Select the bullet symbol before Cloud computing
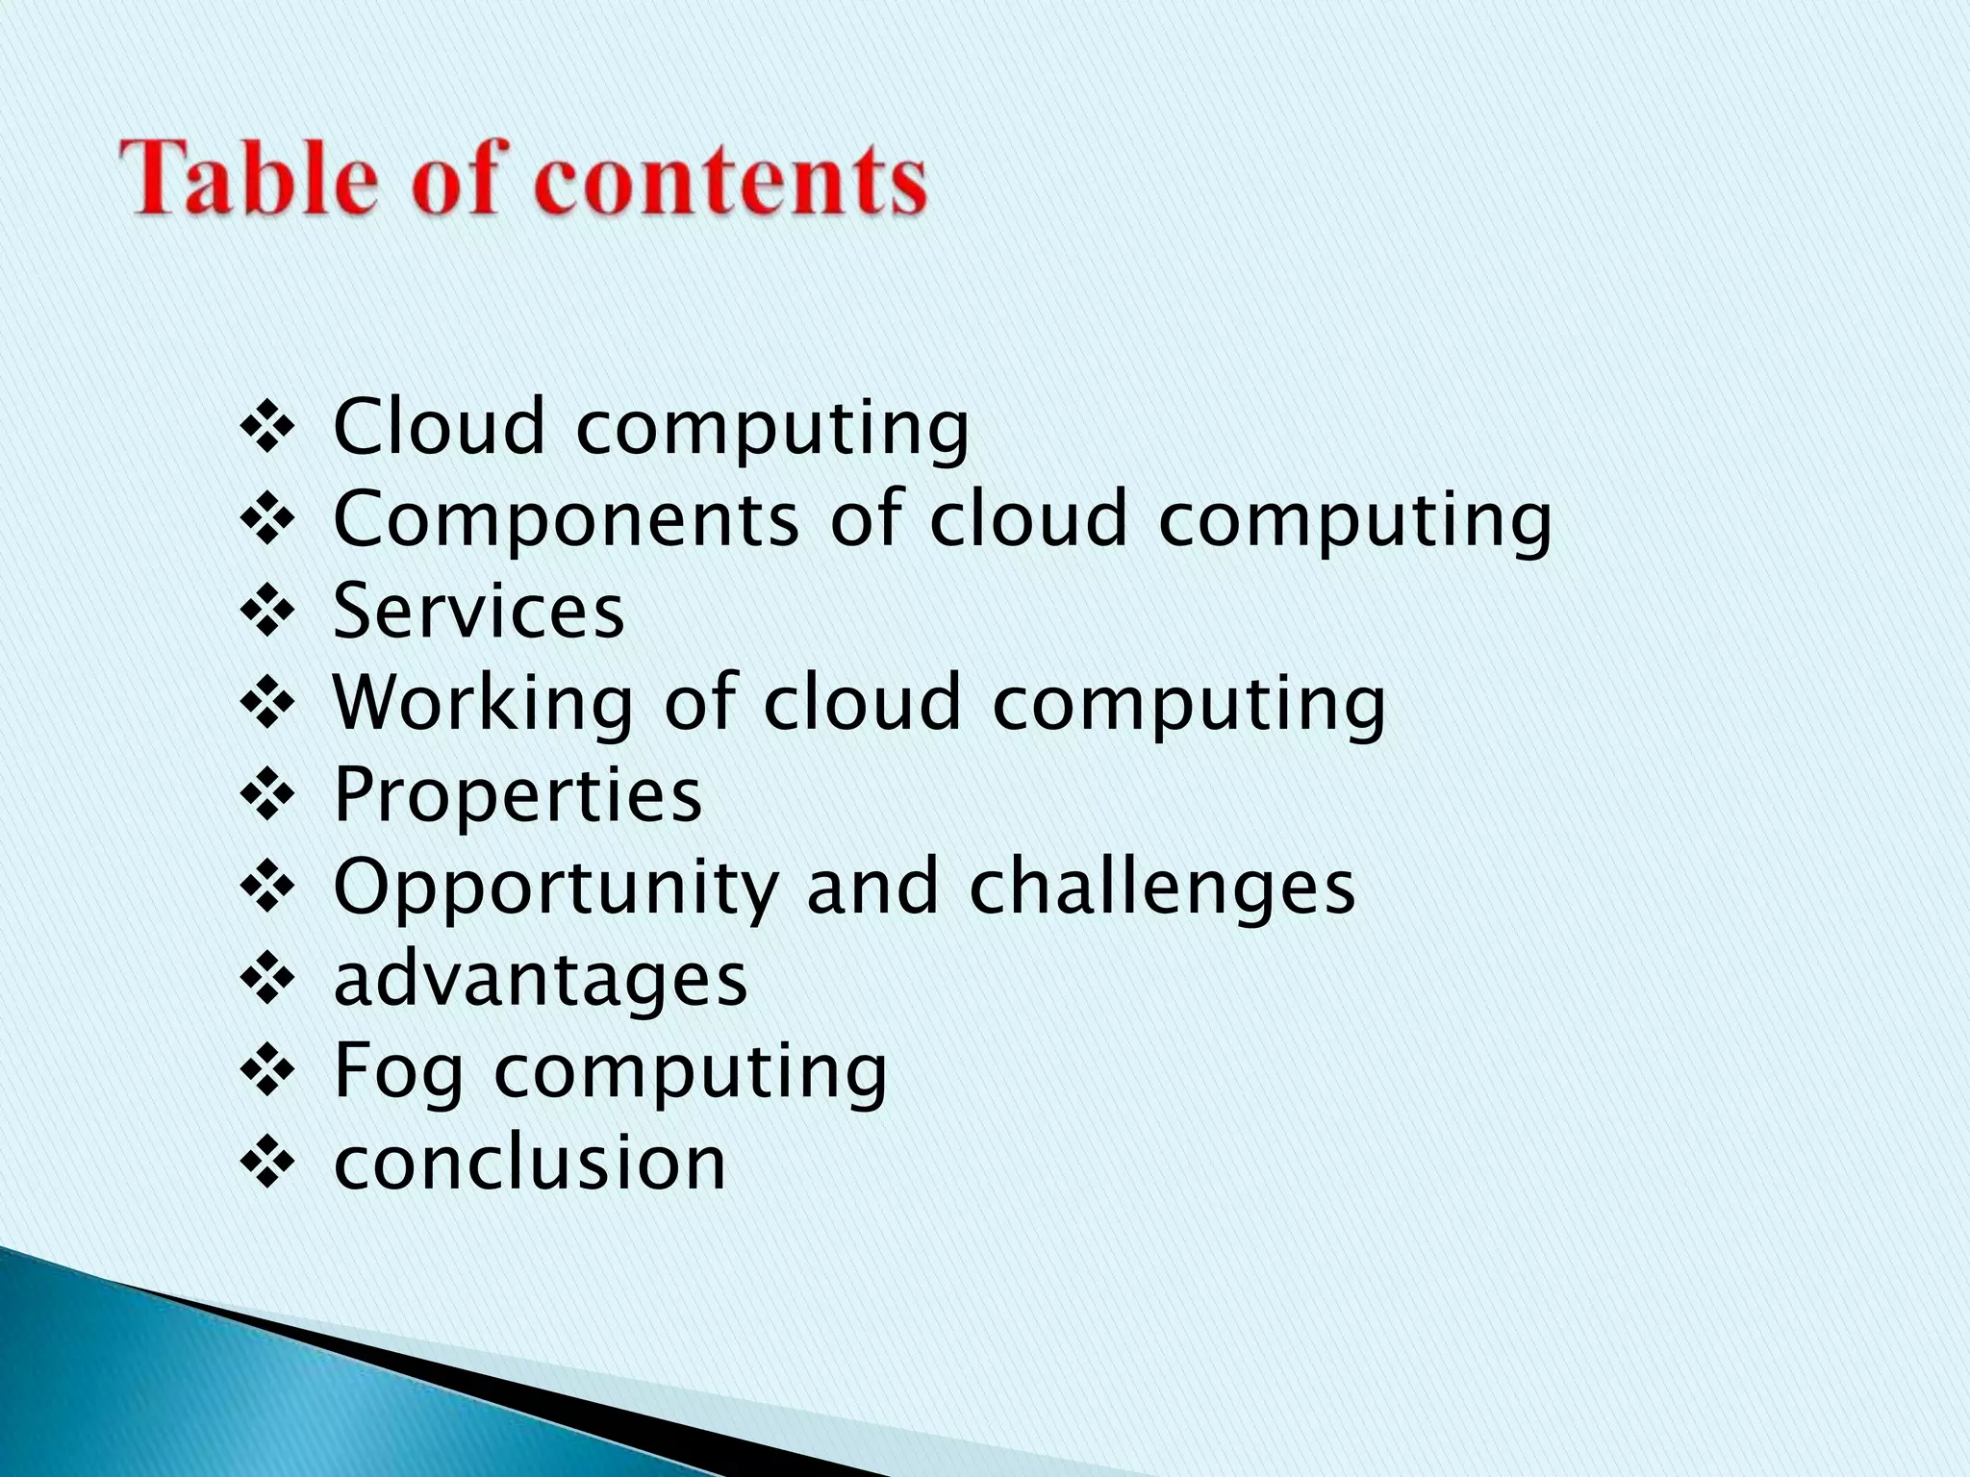(x=266, y=426)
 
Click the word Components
(x=566, y=519)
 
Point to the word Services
(x=478, y=611)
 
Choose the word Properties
(x=518, y=795)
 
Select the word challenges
(x=1162, y=887)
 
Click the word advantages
(x=541, y=979)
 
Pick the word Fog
(x=398, y=1071)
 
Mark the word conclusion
(x=530, y=1163)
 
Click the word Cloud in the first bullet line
(x=439, y=426)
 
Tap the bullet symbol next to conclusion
(x=266, y=1163)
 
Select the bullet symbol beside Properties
(x=266, y=795)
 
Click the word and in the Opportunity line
(x=871, y=887)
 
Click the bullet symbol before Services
(x=266, y=611)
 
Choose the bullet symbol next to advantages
(x=266, y=979)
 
